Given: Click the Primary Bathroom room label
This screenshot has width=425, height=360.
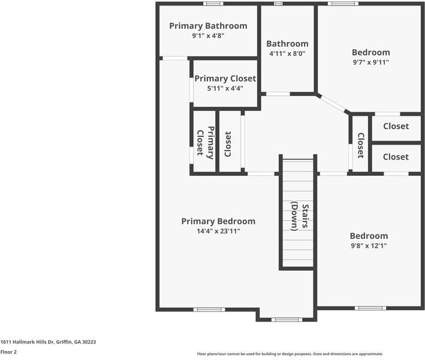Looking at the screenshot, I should coord(208,26).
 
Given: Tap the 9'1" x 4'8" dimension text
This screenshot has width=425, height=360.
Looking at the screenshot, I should coord(208,35).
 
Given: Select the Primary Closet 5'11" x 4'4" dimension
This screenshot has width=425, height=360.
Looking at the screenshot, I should coord(225,88).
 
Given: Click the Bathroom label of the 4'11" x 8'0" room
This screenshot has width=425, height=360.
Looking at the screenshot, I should coord(287,44).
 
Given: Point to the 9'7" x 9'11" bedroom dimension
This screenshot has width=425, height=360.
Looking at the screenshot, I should coord(370,62).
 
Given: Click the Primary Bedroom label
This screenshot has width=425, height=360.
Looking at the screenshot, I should coord(218,221).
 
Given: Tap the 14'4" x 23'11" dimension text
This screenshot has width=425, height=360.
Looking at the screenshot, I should coord(218,231).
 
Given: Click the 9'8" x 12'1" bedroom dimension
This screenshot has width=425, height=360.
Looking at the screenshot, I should coord(369,245).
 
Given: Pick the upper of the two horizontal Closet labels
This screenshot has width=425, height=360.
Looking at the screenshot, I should coord(396,126).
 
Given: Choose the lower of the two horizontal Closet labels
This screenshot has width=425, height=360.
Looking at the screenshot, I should coord(396,157).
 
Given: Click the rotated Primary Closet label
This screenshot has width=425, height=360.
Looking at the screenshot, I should coord(204,143).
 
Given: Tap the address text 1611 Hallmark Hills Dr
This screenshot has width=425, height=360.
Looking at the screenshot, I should coord(48,341).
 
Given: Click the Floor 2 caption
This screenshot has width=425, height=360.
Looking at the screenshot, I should coord(8,352).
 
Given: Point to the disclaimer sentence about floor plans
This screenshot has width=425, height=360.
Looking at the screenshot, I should coord(290,354).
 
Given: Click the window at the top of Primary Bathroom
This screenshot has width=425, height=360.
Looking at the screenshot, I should coord(213,4).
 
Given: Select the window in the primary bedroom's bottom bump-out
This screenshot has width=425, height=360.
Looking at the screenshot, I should coord(287,319).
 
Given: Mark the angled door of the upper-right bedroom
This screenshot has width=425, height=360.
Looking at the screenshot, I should coord(333,103).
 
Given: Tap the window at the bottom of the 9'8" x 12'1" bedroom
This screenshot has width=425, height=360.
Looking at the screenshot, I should coord(370,308).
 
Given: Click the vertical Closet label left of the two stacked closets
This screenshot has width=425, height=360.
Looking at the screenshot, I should coord(360,145).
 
